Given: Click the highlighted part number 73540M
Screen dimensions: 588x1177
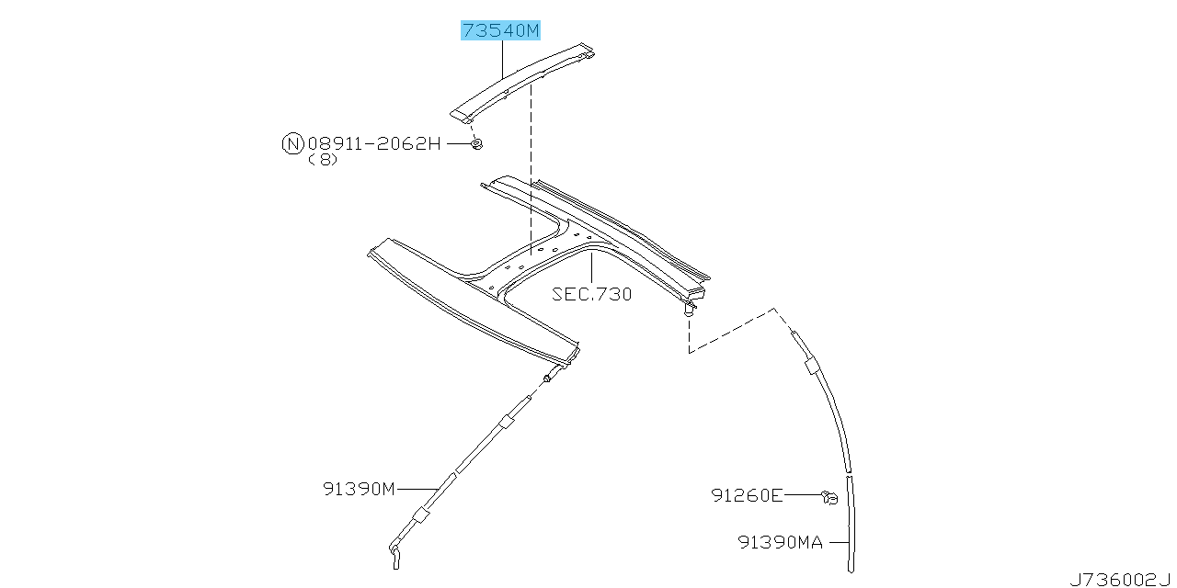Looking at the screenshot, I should coord(500,30).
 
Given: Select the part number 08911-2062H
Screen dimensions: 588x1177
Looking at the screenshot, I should coord(374,143).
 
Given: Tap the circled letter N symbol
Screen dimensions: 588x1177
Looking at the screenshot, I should coord(291,143).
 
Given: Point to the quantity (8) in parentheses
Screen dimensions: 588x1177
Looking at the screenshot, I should coord(323,159).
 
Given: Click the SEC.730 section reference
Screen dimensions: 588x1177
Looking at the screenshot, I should coord(591,294).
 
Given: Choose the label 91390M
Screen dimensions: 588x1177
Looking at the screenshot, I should coord(359,488).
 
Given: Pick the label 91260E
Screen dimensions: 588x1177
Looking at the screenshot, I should coord(747,495).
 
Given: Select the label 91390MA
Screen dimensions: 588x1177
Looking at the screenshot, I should coord(780,542).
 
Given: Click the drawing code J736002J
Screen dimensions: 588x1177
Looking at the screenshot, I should coord(1121,579).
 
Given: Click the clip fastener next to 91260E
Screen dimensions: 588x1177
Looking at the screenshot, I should coord(829,497).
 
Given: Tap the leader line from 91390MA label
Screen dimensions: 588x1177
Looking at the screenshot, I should coord(837,542).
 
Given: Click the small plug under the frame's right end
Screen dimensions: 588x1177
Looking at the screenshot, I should coord(689,312).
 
